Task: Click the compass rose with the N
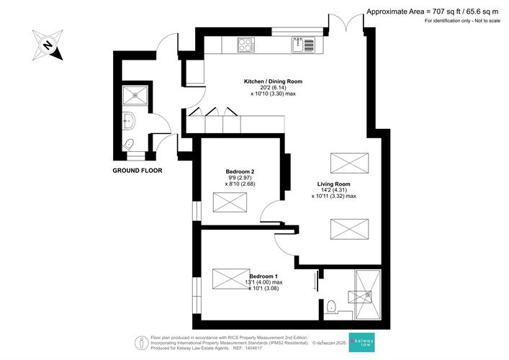tap(48, 45)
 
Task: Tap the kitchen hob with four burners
tap(246, 45)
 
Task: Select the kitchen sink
tap(303, 45)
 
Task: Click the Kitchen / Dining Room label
tap(273, 81)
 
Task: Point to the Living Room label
tap(334, 184)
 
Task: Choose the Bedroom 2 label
tap(240, 171)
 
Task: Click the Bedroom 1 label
tap(263, 276)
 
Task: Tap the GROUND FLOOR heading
tap(138, 171)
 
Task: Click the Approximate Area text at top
tap(432, 12)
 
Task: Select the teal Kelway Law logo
tap(361, 342)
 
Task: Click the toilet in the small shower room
tap(129, 145)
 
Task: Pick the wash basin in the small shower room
tap(129, 121)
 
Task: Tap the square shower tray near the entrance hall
tap(135, 95)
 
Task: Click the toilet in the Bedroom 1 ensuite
tap(331, 307)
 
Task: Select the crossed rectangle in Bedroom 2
tap(230, 202)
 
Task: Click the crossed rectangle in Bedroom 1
tap(231, 279)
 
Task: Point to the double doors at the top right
tap(346, 21)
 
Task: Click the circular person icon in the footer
tap(142, 343)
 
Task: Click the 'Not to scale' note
tap(487, 21)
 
